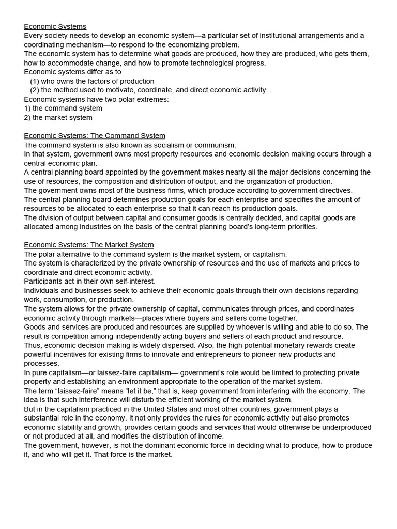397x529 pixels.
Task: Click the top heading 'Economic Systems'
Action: pos(55,26)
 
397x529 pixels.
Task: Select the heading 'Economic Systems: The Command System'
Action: pos(95,136)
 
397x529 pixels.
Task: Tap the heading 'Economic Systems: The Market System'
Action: pos(89,245)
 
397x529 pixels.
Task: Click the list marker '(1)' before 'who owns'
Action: pos(35,81)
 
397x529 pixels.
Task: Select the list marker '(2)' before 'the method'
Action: pos(35,90)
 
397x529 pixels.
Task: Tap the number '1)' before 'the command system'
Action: pos(27,108)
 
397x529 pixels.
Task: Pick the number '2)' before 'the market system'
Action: pos(27,117)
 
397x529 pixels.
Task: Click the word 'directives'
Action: pos(333,190)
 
